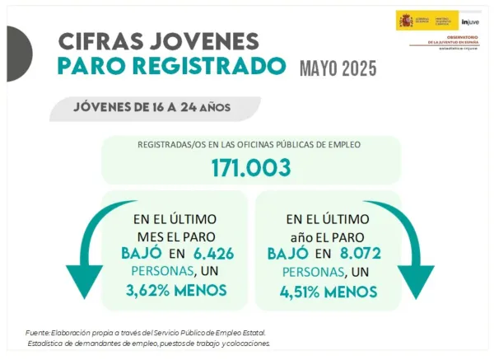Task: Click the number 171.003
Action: (250, 167)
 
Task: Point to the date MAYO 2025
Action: (338, 68)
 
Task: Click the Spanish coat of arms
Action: (405, 20)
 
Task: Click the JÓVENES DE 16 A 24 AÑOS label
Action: (152, 107)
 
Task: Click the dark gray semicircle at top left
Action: (18, 54)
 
